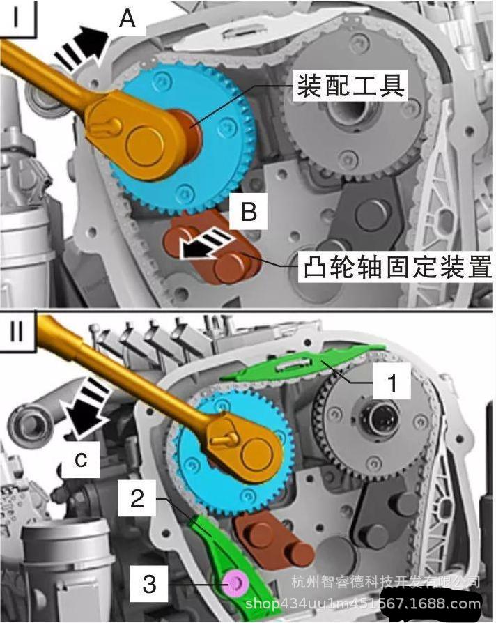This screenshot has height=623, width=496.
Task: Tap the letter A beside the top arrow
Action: tap(127, 19)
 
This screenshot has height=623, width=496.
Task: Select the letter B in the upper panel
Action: tap(249, 212)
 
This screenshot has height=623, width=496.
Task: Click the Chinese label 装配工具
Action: tap(350, 86)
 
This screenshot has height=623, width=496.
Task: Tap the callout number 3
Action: tap(150, 582)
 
